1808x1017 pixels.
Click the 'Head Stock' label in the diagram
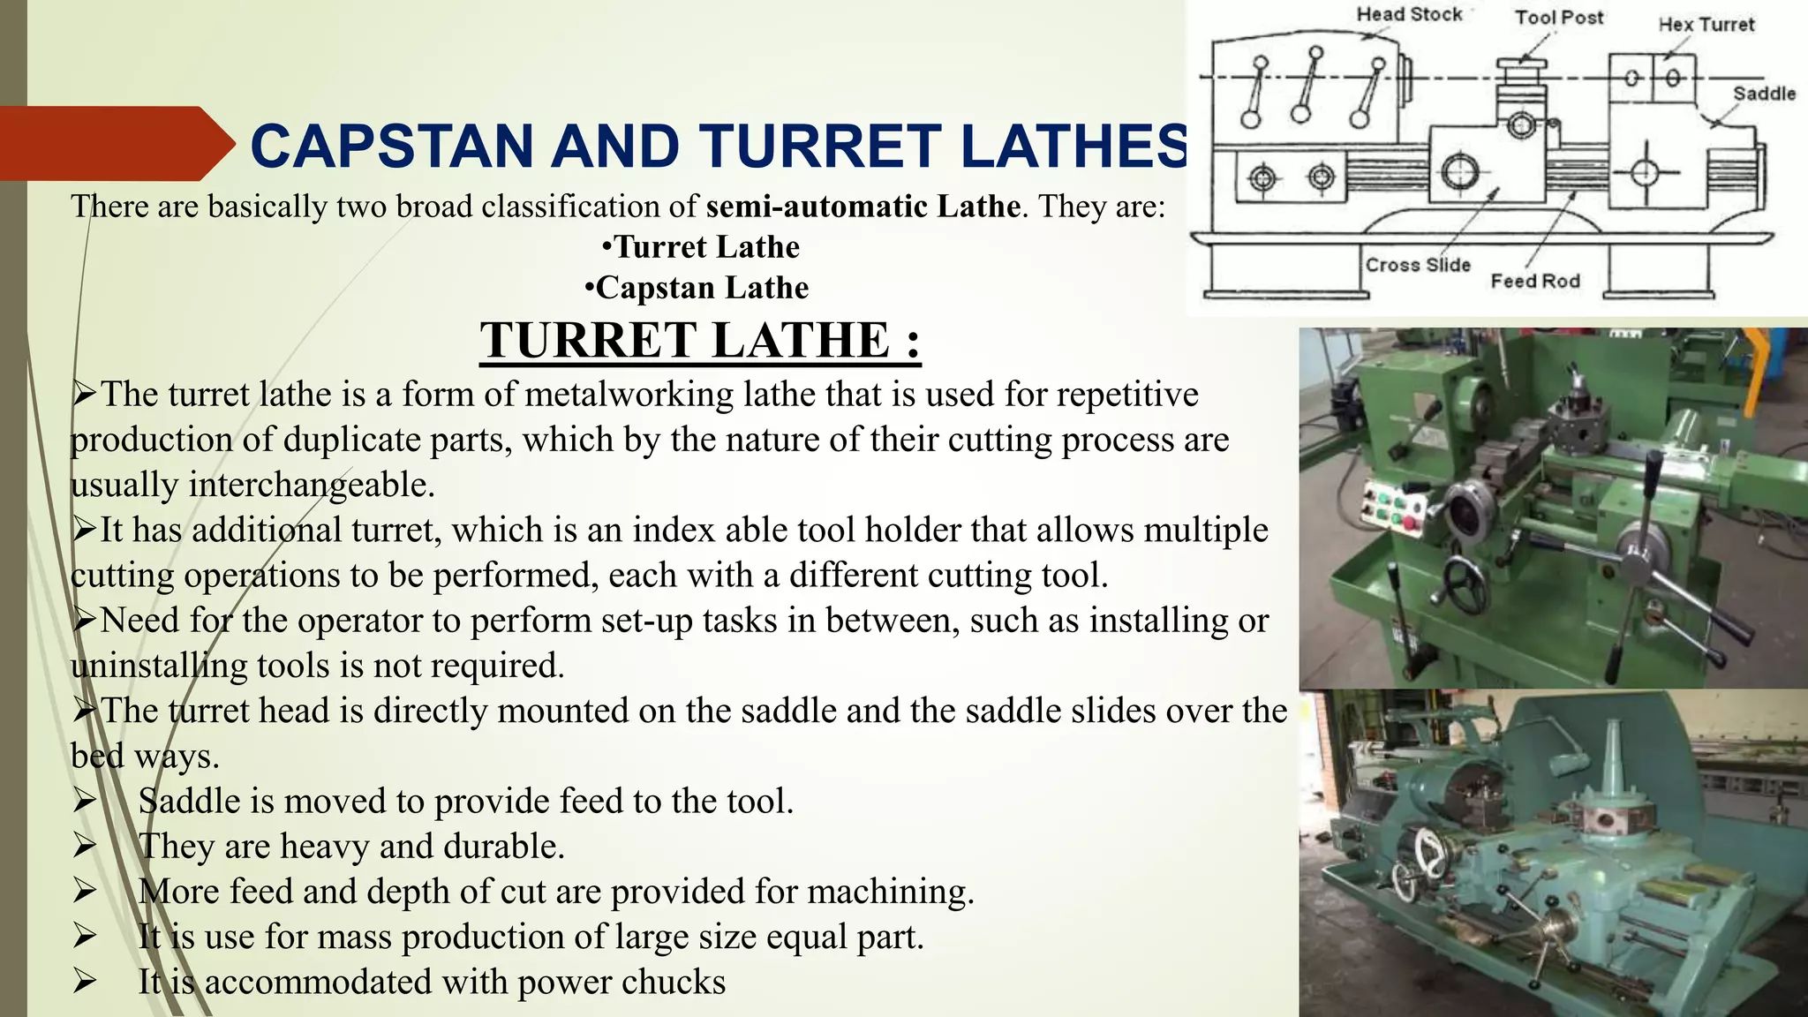tap(1409, 15)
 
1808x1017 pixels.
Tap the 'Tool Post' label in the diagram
tap(1559, 18)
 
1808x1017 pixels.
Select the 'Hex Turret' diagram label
tap(1706, 25)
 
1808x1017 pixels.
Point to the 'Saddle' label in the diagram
tap(1764, 94)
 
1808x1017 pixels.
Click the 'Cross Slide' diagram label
tap(1418, 265)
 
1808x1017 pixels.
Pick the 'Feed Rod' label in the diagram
tap(1535, 281)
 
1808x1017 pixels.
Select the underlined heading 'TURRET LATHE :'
tap(700, 341)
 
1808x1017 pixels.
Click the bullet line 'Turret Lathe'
tap(701, 247)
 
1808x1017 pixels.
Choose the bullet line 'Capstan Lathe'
tap(697, 288)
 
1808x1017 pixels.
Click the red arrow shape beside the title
tap(115, 143)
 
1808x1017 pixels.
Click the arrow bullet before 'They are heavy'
tap(85, 847)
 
